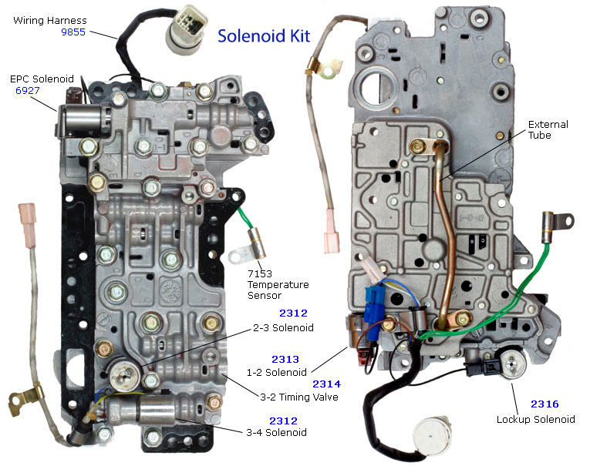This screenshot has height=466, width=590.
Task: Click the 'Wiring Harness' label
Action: (x=49, y=20)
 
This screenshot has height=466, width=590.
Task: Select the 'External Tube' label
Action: (x=549, y=130)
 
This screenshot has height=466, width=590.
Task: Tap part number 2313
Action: (x=288, y=359)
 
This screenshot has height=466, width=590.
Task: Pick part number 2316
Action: (x=544, y=404)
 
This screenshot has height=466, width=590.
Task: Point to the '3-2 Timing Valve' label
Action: (x=300, y=397)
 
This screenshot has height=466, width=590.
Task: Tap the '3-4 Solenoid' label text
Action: (x=275, y=432)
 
